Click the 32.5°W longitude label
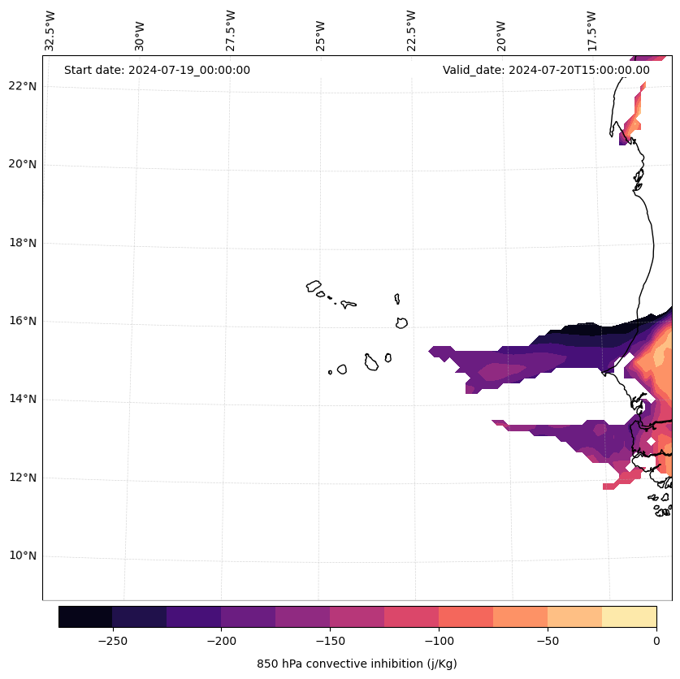(x=50, y=31)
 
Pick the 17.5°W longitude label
(x=591, y=31)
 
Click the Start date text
(x=157, y=70)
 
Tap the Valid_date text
(x=546, y=70)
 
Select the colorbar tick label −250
(x=112, y=640)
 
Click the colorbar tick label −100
(x=439, y=640)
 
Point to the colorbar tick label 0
(x=656, y=640)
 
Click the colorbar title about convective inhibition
(x=357, y=664)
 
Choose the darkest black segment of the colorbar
(x=85, y=616)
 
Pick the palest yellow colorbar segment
(x=629, y=616)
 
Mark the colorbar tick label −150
(x=330, y=640)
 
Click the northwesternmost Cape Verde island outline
(x=314, y=286)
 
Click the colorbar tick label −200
(x=221, y=640)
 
